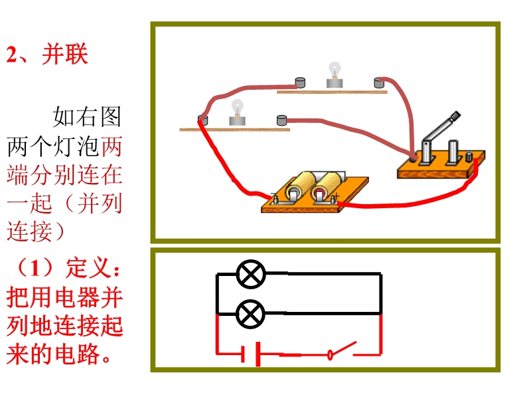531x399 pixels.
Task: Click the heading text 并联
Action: pyautogui.click(x=64, y=55)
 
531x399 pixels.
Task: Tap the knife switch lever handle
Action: pyautogui.click(x=454, y=119)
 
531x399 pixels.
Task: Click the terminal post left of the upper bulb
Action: pyautogui.click(x=301, y=82)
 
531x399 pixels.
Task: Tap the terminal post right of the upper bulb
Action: pyautogui.click(x=379, y=82)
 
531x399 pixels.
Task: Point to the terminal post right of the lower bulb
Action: pyautogui.click(x=282, y=120)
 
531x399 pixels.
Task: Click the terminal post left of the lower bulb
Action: pyautogui.click(x=202, y=120)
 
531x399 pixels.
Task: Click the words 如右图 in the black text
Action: pyautogui.click(x=87, y=118)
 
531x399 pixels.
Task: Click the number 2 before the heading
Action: pyautogui.click(x=11, y=55)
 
